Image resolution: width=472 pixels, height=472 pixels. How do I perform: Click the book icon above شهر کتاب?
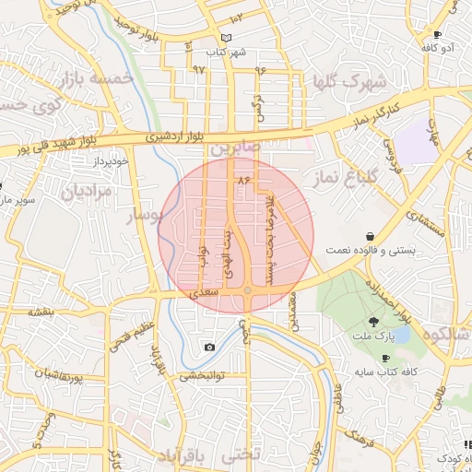point(228,38)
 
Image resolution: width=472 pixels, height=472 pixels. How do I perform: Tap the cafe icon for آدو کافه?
point(436,34)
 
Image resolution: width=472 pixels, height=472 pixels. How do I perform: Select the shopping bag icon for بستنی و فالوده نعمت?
point(370,236)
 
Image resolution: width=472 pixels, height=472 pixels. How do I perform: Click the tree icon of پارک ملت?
point(373,321)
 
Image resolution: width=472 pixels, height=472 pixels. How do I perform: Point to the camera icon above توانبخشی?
point(210,347)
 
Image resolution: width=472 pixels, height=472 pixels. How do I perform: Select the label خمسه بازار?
point(97,79)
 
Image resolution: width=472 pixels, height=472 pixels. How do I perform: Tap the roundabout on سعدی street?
point(247,291)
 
